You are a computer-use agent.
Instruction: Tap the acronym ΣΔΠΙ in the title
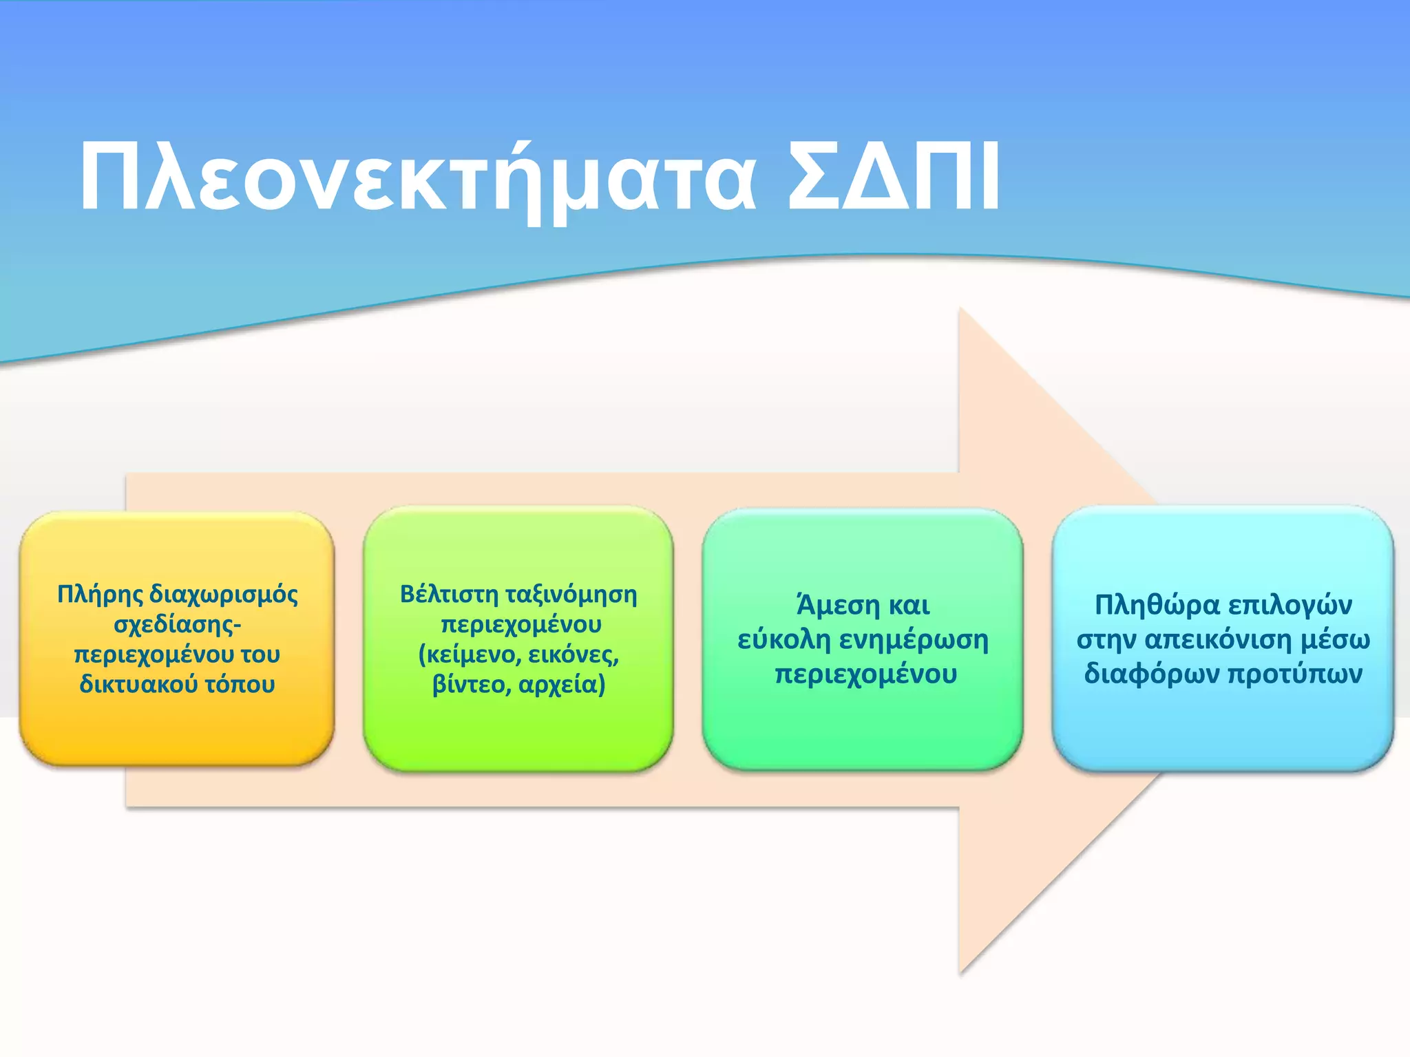point(893,178)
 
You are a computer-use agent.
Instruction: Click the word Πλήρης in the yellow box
point(100,595)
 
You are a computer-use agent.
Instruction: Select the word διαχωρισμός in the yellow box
point(223,595)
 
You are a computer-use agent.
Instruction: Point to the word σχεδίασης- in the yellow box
point(177,624)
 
